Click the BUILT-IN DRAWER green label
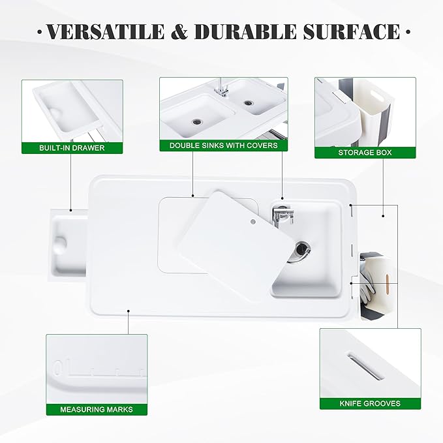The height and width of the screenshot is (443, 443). click(72, 147)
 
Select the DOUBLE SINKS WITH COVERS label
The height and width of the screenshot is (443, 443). click(223, 145)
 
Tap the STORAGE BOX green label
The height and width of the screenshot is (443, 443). click(365, 152)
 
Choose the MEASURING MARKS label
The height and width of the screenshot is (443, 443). click(96, 409)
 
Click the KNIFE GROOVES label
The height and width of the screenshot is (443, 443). click(370, 403)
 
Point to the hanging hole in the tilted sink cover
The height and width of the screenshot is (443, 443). click(251, 222)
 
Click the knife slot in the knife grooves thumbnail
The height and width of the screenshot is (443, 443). click(365, 365)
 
